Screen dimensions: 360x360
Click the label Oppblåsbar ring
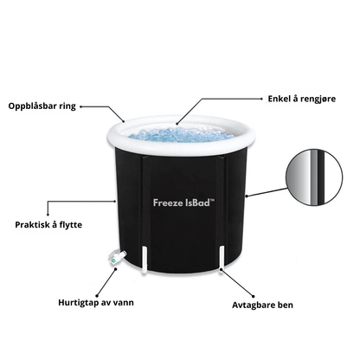click(42, 106)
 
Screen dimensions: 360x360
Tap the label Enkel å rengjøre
click(302, 99)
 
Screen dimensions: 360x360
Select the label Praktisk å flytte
click(48, 225)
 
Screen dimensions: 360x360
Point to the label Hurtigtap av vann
click(96, 303)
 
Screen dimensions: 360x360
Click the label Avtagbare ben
click(262, 305)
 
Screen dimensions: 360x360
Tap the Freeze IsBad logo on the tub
click(183, 202)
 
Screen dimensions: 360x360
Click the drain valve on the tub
click(117, 256)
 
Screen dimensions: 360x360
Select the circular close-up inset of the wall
click(314, 177)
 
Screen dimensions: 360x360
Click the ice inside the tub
click(181, 135)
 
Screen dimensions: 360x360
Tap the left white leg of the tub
click(145, 259)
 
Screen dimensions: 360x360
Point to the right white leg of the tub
click(222, 258)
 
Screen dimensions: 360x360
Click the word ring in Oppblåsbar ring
click(67, 106)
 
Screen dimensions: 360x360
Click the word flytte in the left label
click(71, 225)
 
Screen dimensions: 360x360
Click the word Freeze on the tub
click(167, 202)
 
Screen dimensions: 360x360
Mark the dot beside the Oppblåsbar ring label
click(80, 106)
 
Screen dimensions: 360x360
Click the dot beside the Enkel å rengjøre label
click(261, 99)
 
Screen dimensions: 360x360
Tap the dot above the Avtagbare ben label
click(254, 296)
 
